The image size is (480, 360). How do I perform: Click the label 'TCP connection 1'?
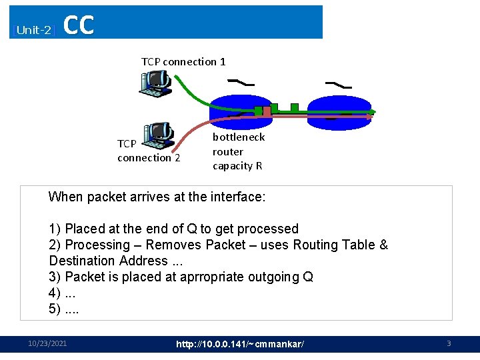(183, 61)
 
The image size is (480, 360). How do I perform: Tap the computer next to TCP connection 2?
(159, 135)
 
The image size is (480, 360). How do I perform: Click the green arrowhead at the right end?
(373, 111)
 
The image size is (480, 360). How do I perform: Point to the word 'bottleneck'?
(239, 137)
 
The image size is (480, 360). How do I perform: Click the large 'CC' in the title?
(79, 25)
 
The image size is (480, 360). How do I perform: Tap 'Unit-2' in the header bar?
(34, 30)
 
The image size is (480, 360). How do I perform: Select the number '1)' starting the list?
(55, 229)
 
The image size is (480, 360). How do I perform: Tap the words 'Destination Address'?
(109, 261)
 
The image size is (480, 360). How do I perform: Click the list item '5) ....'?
(63, 309)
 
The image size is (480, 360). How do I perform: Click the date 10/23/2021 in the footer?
(47, 343)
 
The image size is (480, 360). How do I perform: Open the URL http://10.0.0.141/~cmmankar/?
(240, 344)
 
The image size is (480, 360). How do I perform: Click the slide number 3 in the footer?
(449, 343)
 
